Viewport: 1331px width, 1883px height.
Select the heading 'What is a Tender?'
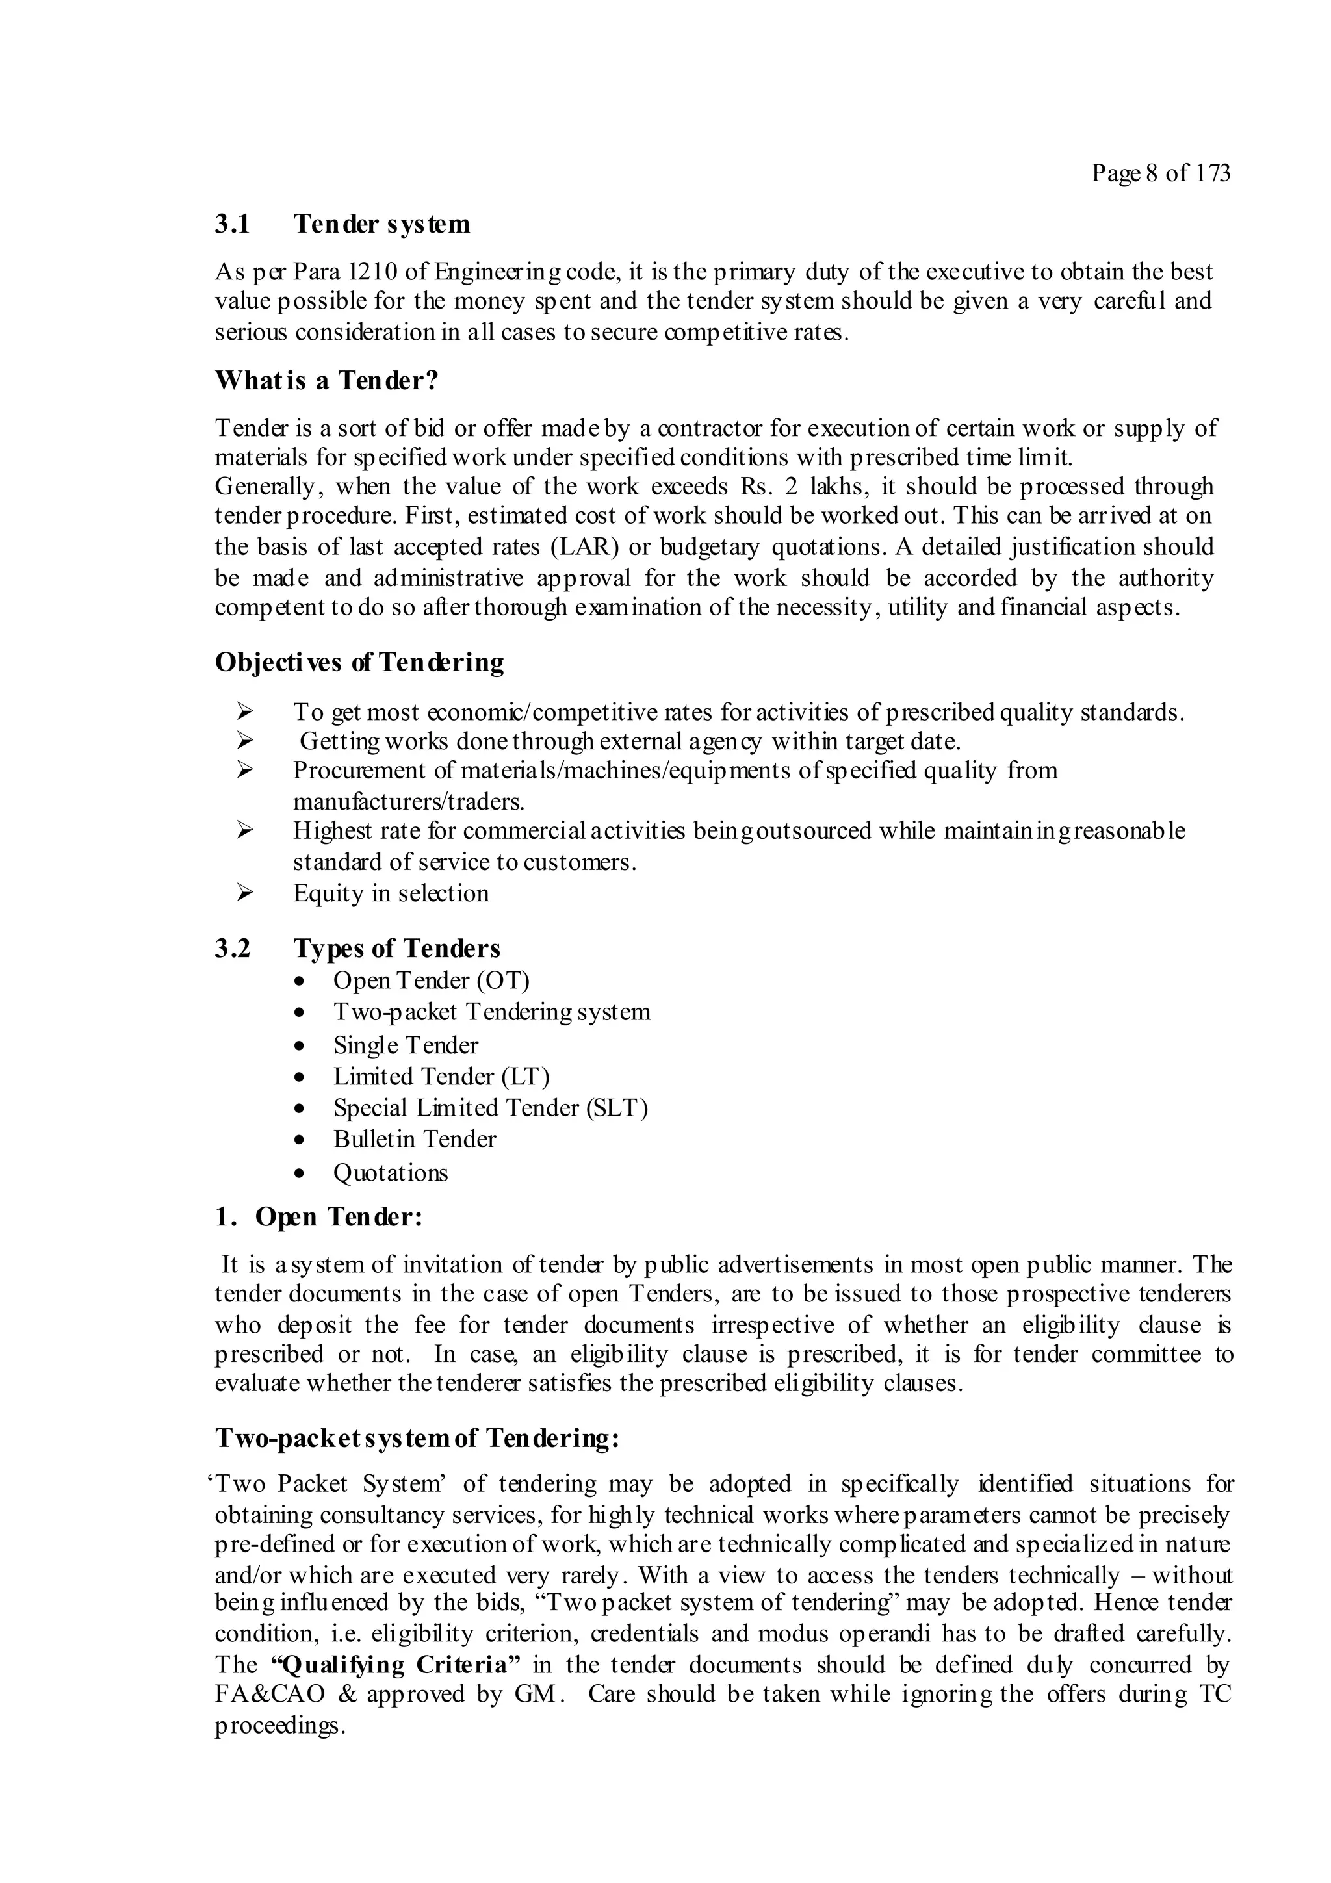coord(326,381)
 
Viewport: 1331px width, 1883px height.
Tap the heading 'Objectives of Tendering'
coord(359,662)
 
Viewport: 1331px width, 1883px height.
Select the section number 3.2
coord(232,949)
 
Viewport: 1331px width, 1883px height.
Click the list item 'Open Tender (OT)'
coord(432,981)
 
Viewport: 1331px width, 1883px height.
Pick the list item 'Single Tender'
coord(405,1045)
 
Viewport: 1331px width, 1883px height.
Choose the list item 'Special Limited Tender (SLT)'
coord(491,1108)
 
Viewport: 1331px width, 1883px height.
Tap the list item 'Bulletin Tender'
coord(414,1140)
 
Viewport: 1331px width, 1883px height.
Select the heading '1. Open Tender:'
coord(318,1217)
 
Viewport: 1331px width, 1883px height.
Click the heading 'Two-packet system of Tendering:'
coord(417,1439)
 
